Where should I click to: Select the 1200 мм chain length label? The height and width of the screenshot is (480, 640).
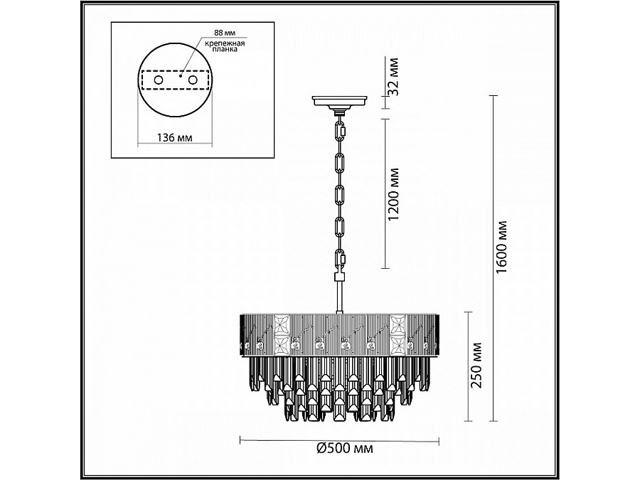pos(396,194)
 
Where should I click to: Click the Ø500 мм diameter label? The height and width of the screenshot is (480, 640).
pos(343,448)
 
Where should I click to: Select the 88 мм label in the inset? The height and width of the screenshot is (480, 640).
pos(213,33)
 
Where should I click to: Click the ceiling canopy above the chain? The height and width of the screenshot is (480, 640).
pos(340,102)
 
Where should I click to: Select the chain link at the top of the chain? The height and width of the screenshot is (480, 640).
pos(341,131)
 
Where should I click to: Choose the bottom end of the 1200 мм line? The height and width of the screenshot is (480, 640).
pos(386,267)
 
